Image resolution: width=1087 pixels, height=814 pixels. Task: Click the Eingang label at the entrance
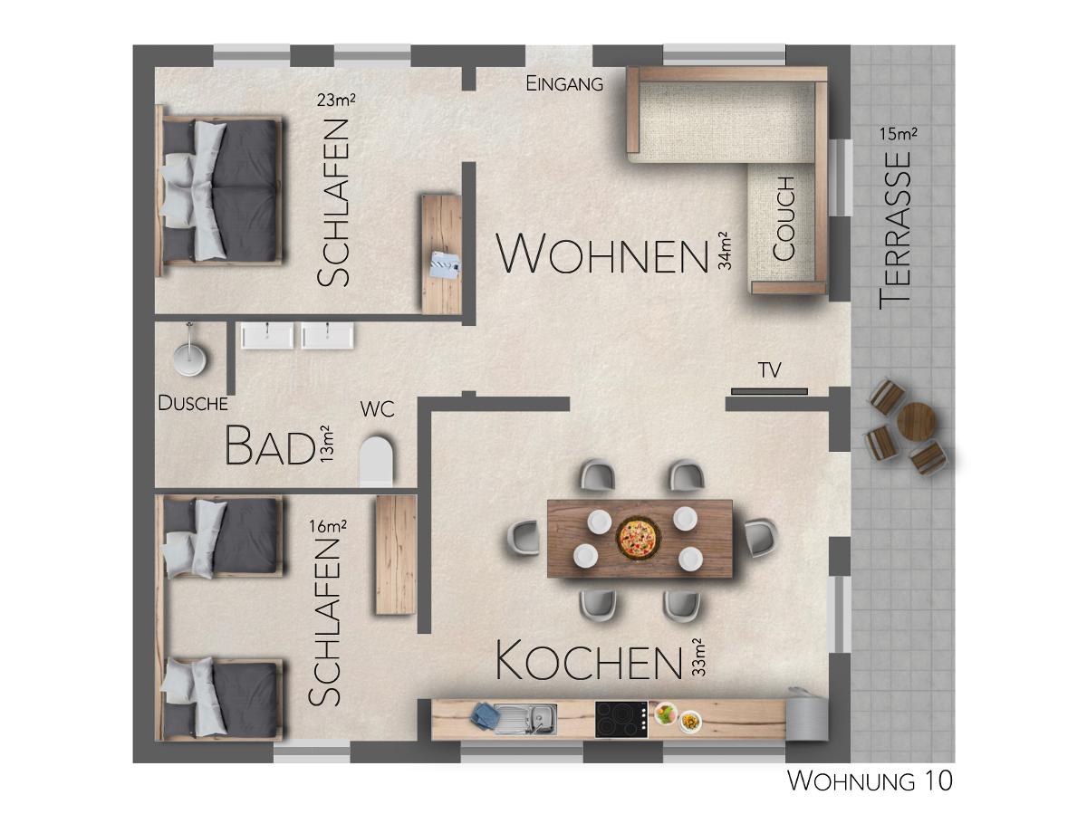[x=564, y=83]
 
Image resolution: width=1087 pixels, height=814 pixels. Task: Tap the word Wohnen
[x=602, y=254]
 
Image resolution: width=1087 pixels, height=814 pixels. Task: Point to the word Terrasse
[x=895, y=231]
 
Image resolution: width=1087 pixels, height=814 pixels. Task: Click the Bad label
[x=270, y=445]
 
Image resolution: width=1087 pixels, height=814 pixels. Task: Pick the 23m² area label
[x=336, y=101]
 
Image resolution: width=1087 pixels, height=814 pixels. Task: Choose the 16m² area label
[x=327, y=526]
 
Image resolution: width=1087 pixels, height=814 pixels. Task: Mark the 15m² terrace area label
[x=899, y=134]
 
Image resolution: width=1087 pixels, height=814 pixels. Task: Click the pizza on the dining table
[x=639, y=538]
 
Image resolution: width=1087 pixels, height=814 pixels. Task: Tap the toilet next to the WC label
[x=377, y=461]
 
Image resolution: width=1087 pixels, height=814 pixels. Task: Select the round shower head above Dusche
[x=189, y=358]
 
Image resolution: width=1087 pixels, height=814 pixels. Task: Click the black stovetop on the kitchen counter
[x=621, y=720]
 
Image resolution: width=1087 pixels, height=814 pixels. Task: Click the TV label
[x=770, y=370]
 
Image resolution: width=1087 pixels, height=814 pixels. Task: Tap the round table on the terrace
[x=916, y=422]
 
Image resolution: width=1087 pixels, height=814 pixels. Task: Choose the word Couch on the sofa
[x=784, y=219]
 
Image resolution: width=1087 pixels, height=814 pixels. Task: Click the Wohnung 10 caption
[x=871, y=781]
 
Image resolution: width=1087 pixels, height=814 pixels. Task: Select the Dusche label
[x=193, y=403]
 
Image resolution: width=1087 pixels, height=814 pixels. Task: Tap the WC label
[x=378, y=409]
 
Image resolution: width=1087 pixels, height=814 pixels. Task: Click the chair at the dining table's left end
[x=523, y=538]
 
